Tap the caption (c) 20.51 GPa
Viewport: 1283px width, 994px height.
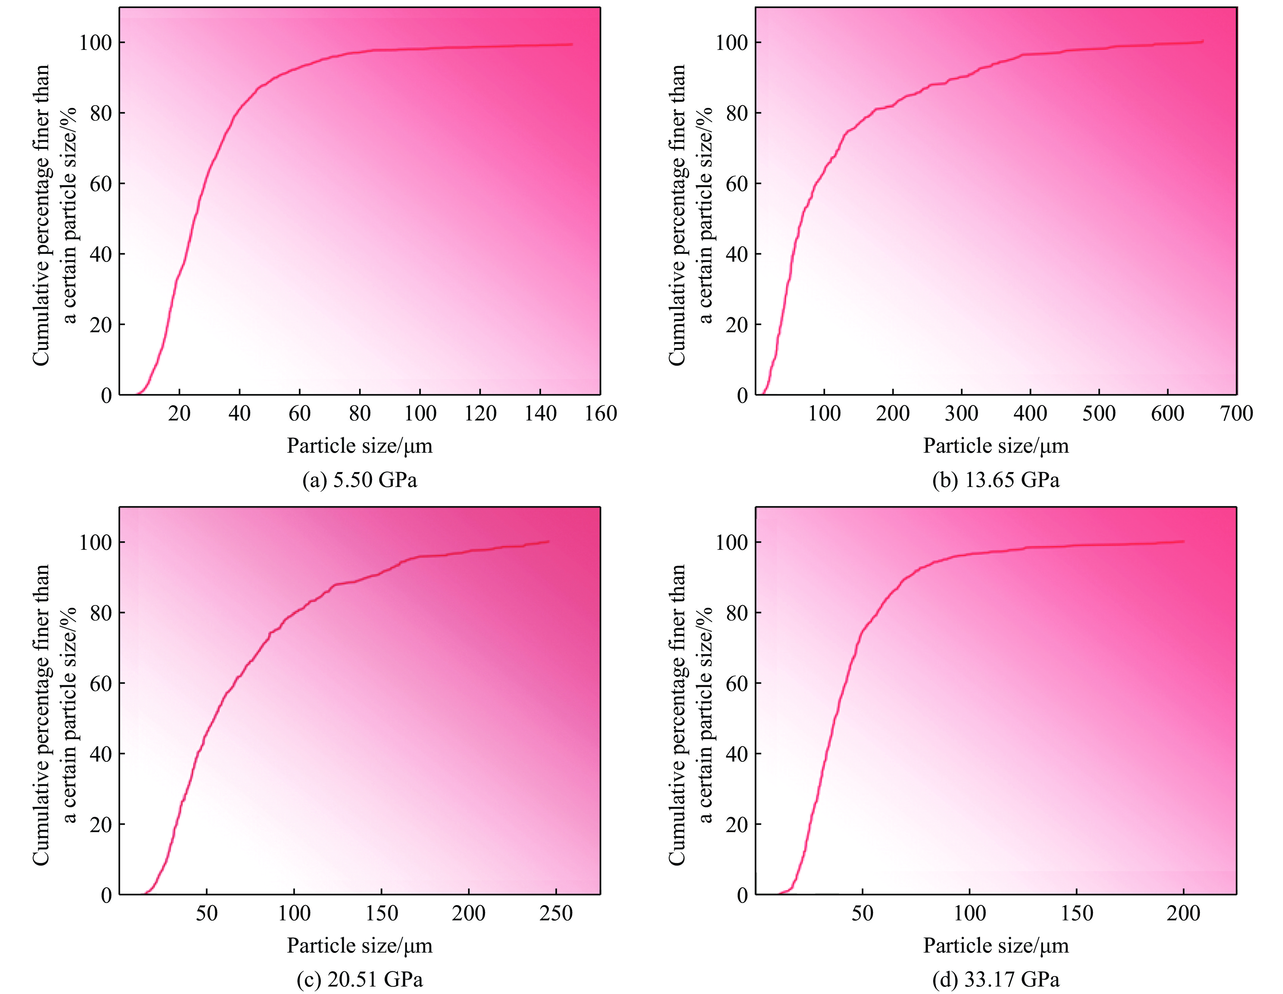(x=359, y=979)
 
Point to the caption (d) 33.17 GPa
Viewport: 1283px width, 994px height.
(x=996, y=979)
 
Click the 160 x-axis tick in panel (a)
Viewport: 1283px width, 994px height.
(x=600, y=414)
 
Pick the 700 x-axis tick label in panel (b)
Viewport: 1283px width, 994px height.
(x=1236, y=414)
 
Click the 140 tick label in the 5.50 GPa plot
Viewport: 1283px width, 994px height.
(x=540, y=414)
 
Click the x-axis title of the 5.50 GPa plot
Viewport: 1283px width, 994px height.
(x=359, y=446)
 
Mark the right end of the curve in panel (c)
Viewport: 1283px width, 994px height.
(x=548, y=541)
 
